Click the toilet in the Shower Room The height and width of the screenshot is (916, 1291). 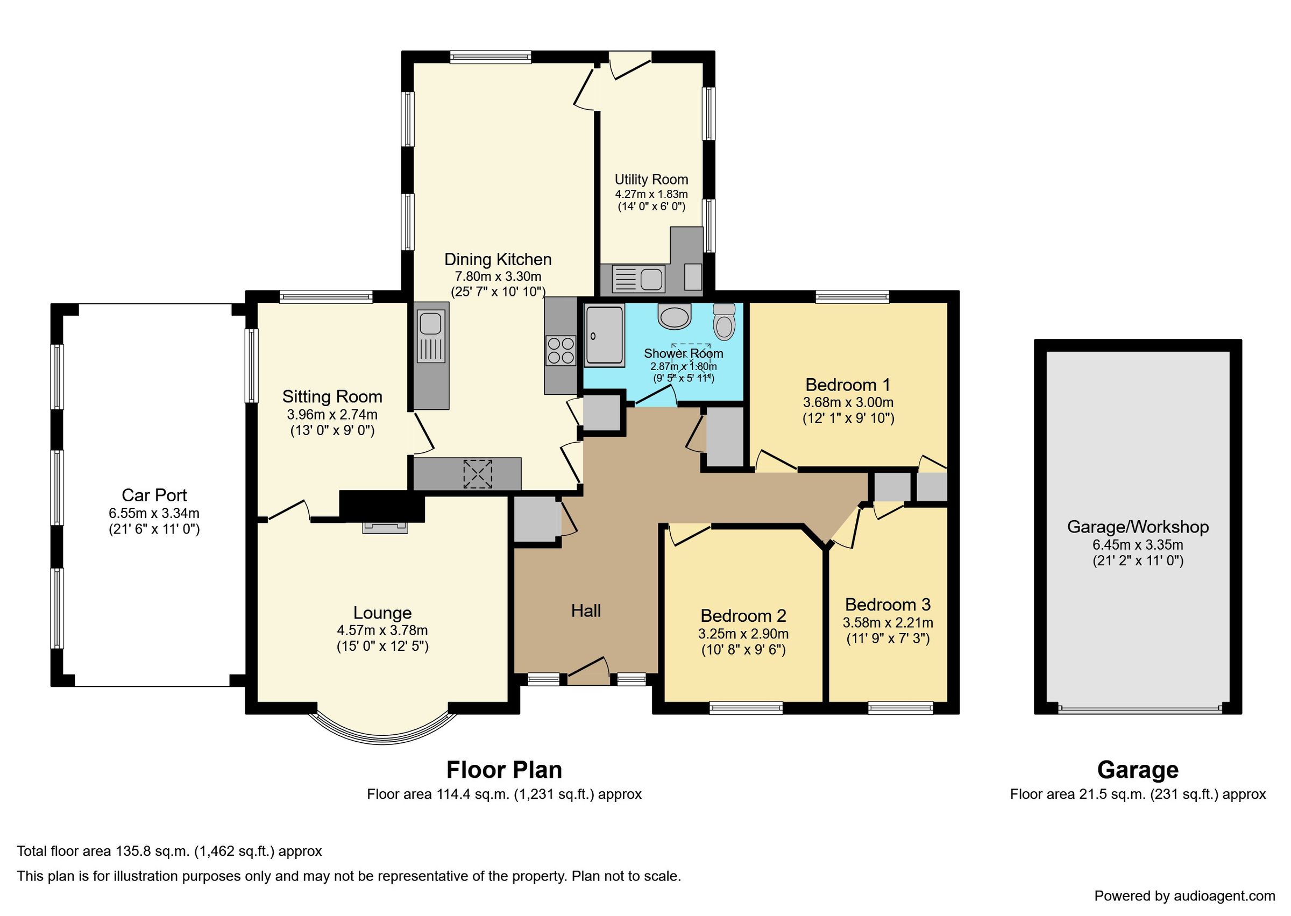click(x=724, y=322)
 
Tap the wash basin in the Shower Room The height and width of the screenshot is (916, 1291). click(x=674, y=317)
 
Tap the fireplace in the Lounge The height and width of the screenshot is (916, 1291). click(x=385, y=527)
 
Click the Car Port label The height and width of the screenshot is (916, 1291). click(x=154, y=495)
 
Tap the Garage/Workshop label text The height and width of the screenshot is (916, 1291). click(x=1138, y=527)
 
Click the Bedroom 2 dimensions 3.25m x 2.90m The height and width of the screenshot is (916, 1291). click(x=743, y=634)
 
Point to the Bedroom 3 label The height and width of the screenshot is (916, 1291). click(x=887, y=605)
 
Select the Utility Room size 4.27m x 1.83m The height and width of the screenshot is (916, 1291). click(x=651, y=194)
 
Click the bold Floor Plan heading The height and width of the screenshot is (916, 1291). click(x=503, y=770)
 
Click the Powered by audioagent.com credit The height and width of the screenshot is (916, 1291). click(x=1184, y=896)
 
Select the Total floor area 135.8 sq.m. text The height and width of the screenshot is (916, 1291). click(x=169, y=851)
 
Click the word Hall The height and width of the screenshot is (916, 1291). click(x=585, y=611)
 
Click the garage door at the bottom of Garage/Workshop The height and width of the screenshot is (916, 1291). click(x=1139, y=709)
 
